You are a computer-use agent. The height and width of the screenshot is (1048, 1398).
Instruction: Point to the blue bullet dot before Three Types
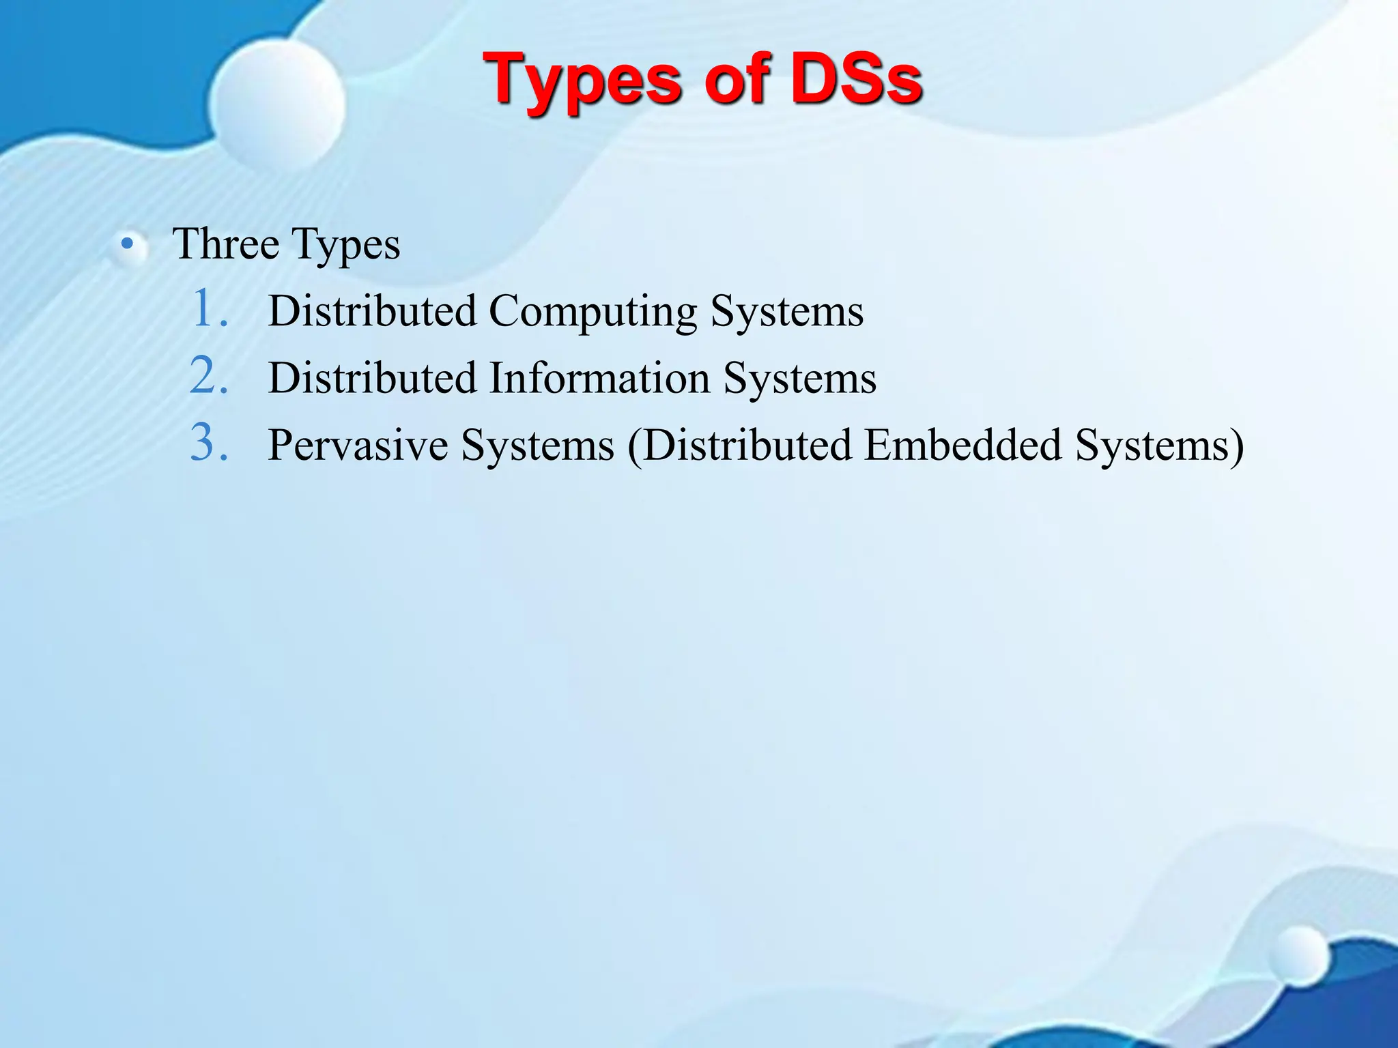point(126,244)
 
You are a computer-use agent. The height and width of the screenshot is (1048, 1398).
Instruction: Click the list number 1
point(208,308)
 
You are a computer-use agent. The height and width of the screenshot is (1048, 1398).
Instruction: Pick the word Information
point(599,378)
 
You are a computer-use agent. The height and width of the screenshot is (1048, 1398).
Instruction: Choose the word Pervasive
point(358,445)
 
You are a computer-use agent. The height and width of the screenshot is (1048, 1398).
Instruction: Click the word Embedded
point(963,445)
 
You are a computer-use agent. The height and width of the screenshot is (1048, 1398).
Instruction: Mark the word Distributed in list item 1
point(372,311)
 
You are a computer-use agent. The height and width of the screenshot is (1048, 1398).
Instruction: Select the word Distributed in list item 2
point(372,378)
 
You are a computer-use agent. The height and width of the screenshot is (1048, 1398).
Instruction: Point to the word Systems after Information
point(800,379)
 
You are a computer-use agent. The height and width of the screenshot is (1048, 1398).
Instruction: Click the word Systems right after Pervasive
point(538,446)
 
